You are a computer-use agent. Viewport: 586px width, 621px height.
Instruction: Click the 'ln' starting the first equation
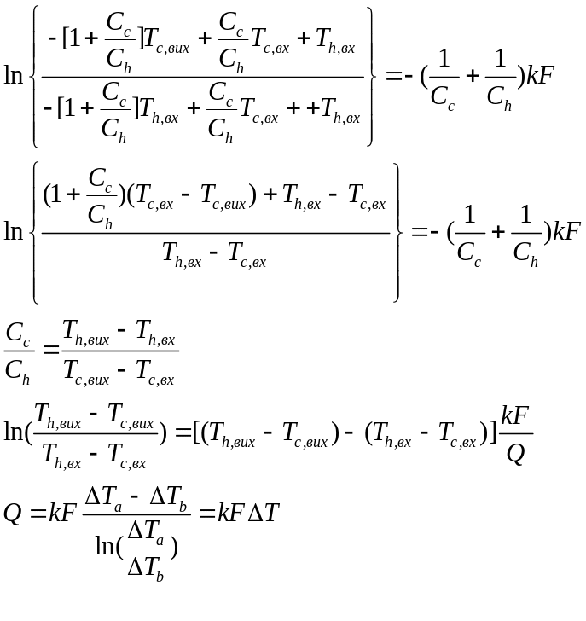pos(14,75)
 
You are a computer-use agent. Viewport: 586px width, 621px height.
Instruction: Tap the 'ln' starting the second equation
pos(14,231)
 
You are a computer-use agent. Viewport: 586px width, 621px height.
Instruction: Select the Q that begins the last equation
pos(12,513)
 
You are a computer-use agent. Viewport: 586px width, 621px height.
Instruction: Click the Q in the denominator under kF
pos(514,453)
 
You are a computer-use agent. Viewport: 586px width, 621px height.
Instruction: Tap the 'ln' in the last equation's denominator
pos(108,545)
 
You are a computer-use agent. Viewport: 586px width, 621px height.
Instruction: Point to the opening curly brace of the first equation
pos(33,75)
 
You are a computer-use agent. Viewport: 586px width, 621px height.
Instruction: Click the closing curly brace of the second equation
pos(396,231)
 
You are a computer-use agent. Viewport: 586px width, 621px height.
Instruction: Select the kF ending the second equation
pos(566,231)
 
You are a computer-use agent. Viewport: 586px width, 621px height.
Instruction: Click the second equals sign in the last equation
pos(206,513)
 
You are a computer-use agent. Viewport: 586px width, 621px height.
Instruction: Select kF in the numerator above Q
pos(516,416)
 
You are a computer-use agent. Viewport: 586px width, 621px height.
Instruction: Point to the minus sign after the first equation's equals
pos(409,75)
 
